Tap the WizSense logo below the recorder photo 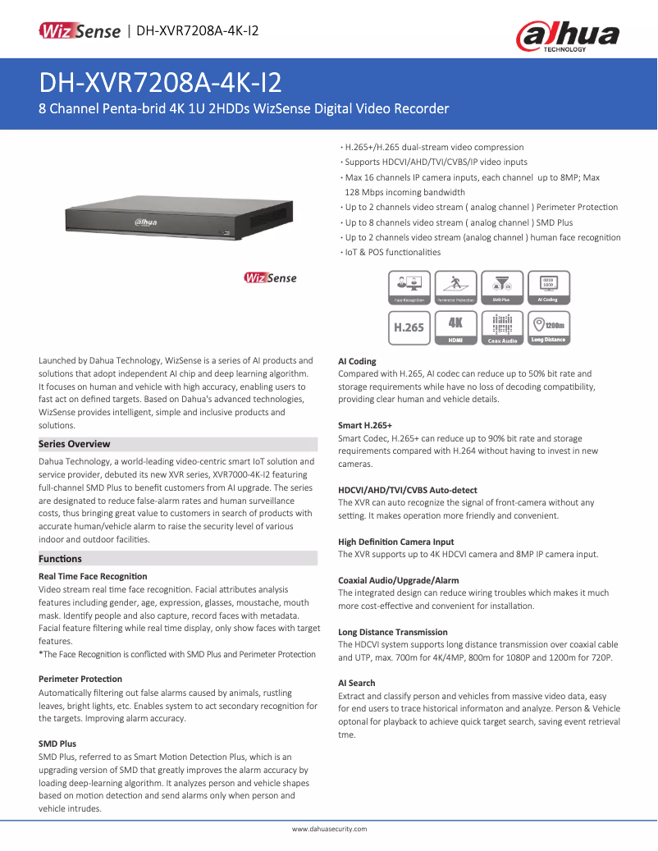click(x=270, y=278)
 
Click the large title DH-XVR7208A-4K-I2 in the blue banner click(x=160, y=82)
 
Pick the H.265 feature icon click(x=409, y=327)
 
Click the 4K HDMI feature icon click(x=455, y=327)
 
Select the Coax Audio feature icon click(x=502, y=327)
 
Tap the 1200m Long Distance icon click(x=548, y=327)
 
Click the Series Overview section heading click(x=75, y=444)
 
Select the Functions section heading click(x=60, y=559)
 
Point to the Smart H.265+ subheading click(x=365, y=426)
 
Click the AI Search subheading click(x=357, y=683)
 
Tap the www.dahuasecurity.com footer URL click(x=329, y=830)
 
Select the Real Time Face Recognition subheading click(x=93, y=577)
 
